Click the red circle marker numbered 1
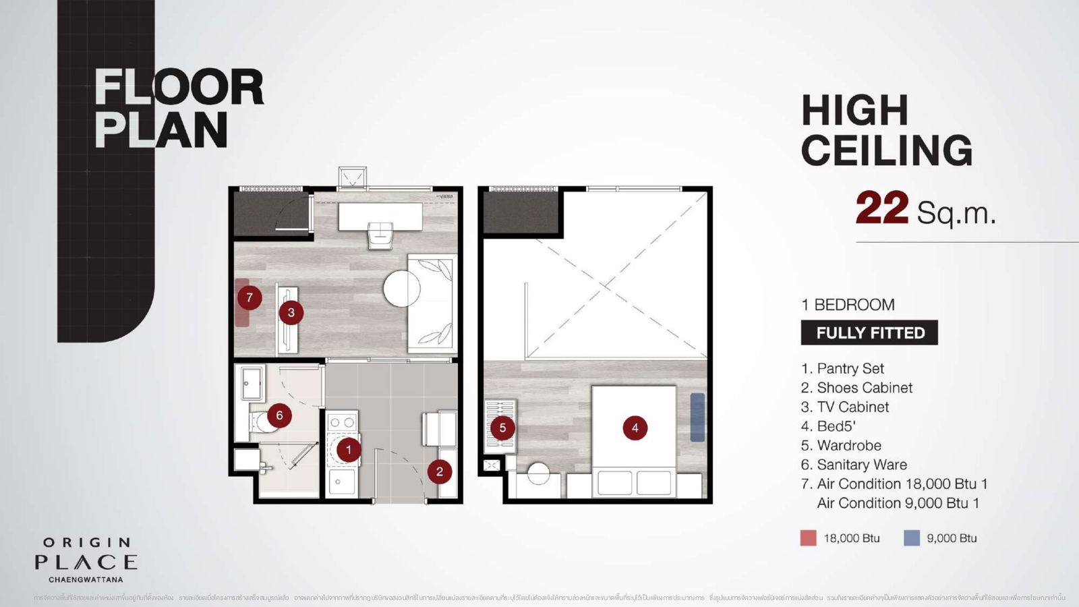pos(349,449)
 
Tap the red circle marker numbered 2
pos(440,471)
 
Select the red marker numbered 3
pos(291,312)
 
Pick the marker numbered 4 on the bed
pos(635,428)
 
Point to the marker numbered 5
pos(502,428)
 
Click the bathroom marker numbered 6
pos(279,415)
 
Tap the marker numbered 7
pos(250,297)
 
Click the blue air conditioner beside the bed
pos(697,417)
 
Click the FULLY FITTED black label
pos(869,333)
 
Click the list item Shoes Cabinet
pos(865,388)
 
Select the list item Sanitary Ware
pos(862,465)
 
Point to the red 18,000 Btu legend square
pos(808,538)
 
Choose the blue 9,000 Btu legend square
pos(911,538)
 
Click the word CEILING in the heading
pos(887,150)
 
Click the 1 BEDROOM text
pos(848,305)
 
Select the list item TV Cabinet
pos(853,407)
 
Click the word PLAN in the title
pos(161,129)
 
